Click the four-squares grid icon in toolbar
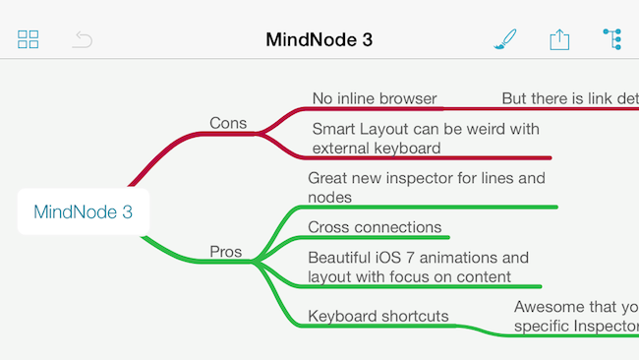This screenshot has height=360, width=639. click(29, 40)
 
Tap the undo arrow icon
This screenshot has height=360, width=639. click(84, 40)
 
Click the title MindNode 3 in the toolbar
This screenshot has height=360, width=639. click(319, 40)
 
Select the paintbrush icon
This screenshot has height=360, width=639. click(504, 39)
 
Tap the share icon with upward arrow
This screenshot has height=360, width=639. click(559, 39)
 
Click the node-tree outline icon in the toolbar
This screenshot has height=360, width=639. click(612, 39)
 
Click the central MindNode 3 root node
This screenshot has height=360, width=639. click(83, 211)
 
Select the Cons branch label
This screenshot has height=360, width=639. click(228, 123)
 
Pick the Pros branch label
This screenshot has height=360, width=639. click(226, 252)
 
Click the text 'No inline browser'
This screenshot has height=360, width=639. click(374, 98)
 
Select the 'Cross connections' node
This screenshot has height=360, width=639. click(375, 227)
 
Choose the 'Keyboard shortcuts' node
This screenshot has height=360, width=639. click(378, 316)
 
